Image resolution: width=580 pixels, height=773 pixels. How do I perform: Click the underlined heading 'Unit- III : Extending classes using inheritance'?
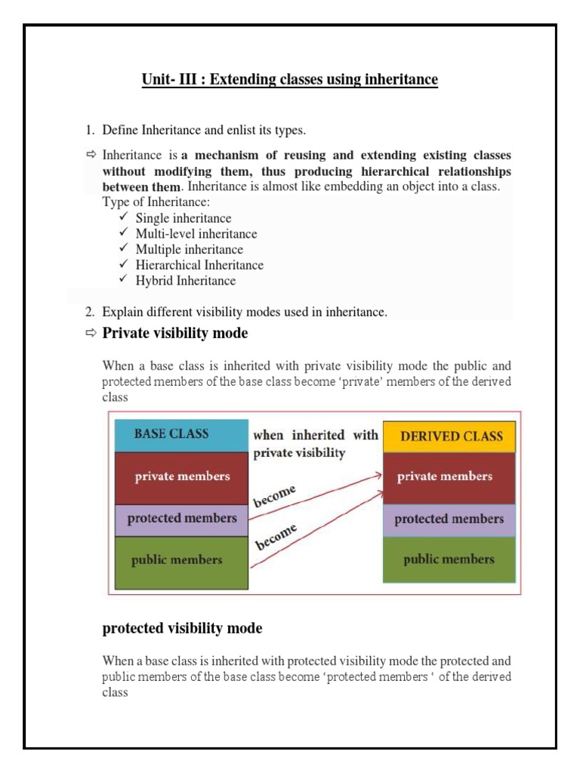click(x=289, y=79)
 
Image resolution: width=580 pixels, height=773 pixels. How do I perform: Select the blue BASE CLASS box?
click(x=181, y=435)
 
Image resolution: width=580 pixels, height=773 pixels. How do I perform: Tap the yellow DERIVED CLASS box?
click(x=449, y=436)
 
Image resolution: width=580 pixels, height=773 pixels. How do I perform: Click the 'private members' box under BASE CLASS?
click(x=181, y=477)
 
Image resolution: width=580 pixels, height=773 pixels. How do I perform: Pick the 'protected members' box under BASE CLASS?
click(x=181, y=519)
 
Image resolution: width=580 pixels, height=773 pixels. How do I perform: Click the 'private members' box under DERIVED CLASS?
click(x=449, y=477)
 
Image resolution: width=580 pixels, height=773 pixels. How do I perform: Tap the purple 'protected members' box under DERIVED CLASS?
click(x=449, y=519)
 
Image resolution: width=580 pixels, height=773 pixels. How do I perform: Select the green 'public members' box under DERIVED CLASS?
click(x=449, y=560)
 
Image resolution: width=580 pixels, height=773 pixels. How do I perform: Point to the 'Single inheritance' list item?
click(x=184, y=219)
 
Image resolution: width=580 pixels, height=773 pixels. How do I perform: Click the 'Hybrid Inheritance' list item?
click(x=186, y=281)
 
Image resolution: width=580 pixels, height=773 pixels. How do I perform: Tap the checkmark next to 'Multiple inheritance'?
click(x=125, y=249)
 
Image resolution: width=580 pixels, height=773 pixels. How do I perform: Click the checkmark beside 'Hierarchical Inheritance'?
click(x=125, y=265)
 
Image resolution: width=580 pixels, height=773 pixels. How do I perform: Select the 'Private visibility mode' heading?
click(x=174, y=333)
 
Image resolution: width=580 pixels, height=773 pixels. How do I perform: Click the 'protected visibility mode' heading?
click(x=182, y=628)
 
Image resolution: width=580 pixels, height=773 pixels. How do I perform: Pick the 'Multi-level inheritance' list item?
click(x=196, y=234)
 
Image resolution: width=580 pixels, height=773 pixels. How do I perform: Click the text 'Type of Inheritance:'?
click(x=156, y=202)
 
